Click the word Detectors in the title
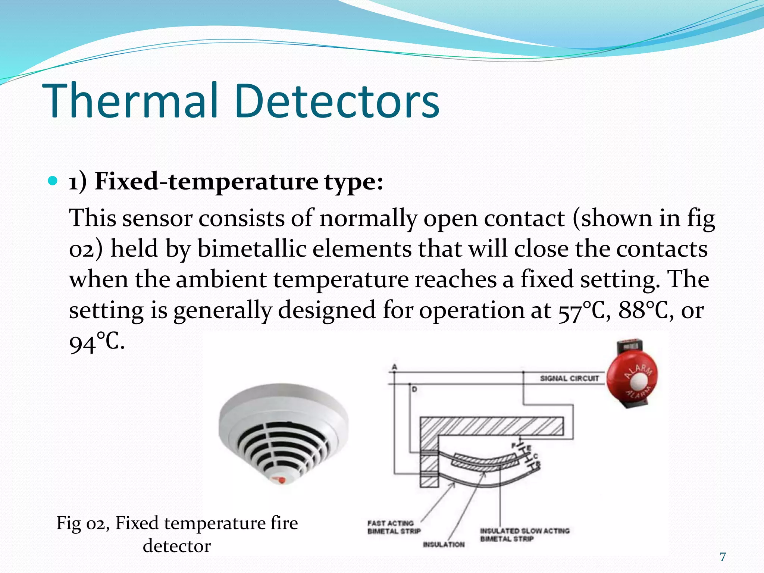pyautogui.click(x=336, y=101)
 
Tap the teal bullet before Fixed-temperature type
pyautogui.click(x=53, y=181)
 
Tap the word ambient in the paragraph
pyautogui.click(x=221, y=280)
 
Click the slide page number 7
pyautogui.click(x=723, y=557)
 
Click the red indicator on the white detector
pyautogui.click(x=281, y=479)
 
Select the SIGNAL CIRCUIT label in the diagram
pyautogui.click(x=569, y=378)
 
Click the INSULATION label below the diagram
pyautogui.click(x=444, y=545)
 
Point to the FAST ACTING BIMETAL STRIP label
pyautogui.click(x=393, y=527)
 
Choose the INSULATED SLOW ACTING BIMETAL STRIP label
pyautogui.click(x=525, y=535)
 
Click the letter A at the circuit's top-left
pyautogui.click(x=394, y=367)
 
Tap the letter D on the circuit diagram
pyautogui.click(x=414, y=389)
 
